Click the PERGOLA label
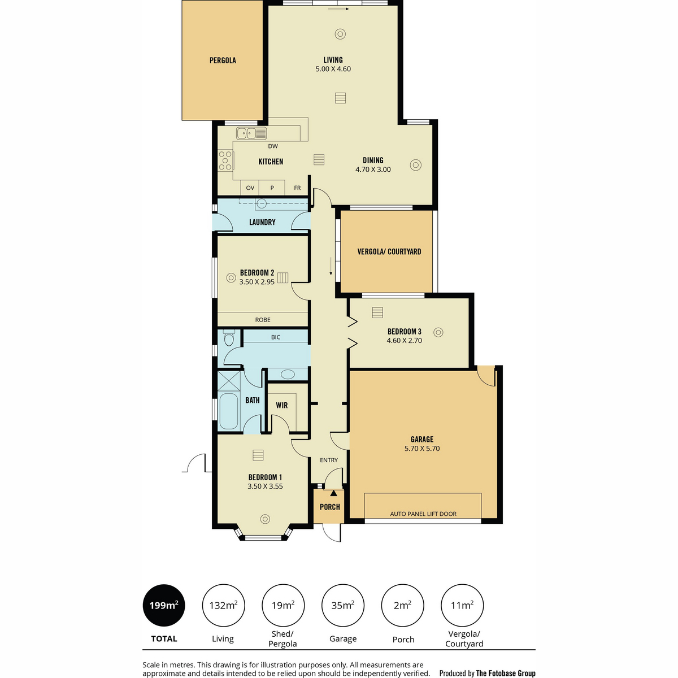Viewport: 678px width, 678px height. pyautogui.click(x=223, y=60)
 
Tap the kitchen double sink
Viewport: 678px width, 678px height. pyautogui.click(x=251, y=133)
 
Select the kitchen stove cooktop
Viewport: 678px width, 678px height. pyautogui.click(x=225, y=161)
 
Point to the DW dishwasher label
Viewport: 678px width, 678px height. pyautogui.click(x=273, y=146)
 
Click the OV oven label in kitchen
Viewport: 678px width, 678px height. pyautogui.click(x=250, y=188)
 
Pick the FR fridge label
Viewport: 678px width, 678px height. pyautogui.click(x=297, y=188)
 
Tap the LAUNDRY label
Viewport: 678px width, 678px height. pyautogui.click(x=262, y=222)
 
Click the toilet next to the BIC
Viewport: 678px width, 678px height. pyautogui.click(x=229, y=338)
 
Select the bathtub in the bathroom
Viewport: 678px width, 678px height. pyautogui.click(x=229, y=411)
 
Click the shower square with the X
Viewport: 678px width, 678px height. pyautogui.click(x=229, y=380)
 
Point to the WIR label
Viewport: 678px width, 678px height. pyautogui.click(x=282, y=405)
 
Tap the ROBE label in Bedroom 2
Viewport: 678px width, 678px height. pyautogui.click(x=263, y=320)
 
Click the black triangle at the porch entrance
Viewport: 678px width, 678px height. pyautogui.click(x=333, y=493)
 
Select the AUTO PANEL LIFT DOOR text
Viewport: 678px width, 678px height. pyautogui.click(x=423, y=514)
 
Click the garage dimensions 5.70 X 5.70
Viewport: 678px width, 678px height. pyautogui.click(x=422, y=449)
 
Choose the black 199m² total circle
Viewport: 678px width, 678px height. pyautogui.click(x=164, y=605)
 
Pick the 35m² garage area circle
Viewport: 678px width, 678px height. pyautogui.click(x=343, y=605)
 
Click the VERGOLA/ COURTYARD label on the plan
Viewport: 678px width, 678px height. pyautogui.click(x=389, y=251)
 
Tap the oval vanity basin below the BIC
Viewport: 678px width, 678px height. pyautogui.click(x=288, y=374)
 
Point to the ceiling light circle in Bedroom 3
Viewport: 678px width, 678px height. pyautogui.click(x=438, y=332)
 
